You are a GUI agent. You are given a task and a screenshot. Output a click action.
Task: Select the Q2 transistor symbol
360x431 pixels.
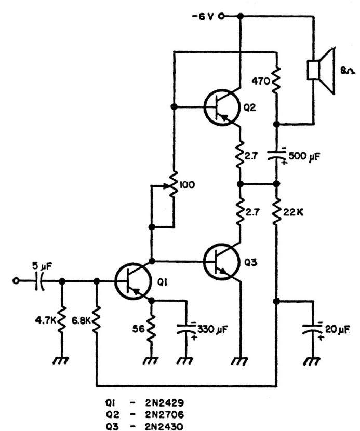[x=220, y=107]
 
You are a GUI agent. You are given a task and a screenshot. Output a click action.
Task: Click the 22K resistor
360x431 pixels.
[x=276, y=211]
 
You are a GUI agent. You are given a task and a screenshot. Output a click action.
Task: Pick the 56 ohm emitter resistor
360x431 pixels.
[x=151, y=329]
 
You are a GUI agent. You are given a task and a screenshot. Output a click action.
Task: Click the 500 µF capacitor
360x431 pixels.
[x=276, y=155]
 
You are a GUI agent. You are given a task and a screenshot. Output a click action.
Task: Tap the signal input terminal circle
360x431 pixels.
[x=16, y=281]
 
